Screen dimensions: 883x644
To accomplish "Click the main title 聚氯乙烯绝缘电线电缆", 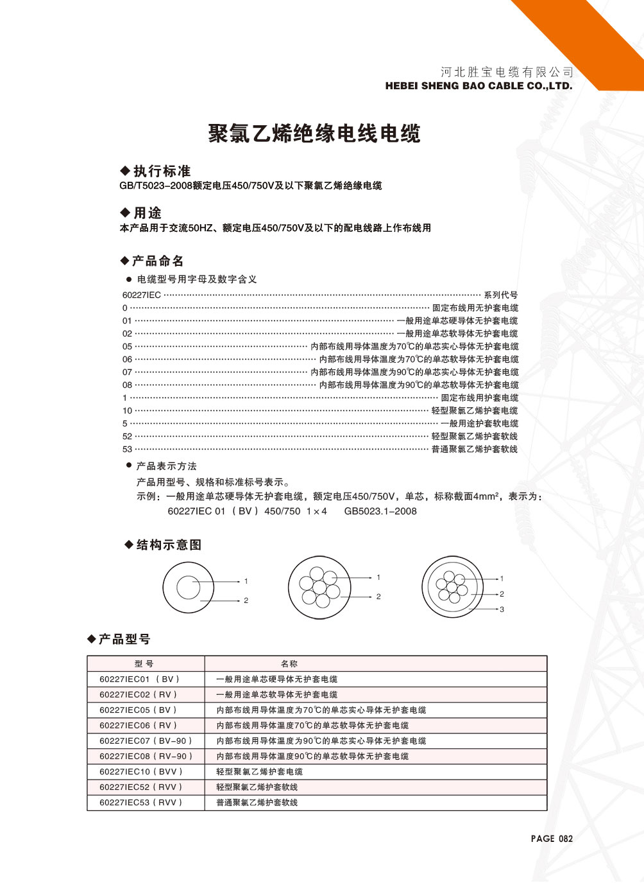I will (314, 134).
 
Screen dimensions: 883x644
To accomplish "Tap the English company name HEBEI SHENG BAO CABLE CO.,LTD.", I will (479, 85).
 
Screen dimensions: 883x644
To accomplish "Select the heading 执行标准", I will (162, 171).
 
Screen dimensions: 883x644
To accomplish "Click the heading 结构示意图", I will (169, 545).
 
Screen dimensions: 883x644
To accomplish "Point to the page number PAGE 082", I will (552, 838).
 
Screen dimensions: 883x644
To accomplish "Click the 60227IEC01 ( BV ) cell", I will (140, 679).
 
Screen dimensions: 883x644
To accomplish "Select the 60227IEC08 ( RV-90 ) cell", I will (146, 756).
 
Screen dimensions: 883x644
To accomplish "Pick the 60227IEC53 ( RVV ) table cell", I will (141, 802).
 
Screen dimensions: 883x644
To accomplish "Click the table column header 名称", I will (289, 663).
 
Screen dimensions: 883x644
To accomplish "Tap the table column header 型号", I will (144, 663).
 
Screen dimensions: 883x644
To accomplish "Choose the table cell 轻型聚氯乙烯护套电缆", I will (259, 771).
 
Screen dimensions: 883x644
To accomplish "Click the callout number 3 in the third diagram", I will (502, 609).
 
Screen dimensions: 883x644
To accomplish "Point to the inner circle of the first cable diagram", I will (189, 588).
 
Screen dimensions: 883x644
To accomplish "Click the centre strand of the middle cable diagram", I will (319, 587).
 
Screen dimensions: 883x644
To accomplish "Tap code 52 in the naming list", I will (127, 436).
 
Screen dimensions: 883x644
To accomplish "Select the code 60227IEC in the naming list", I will (141, 295).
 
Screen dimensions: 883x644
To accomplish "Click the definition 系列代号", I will (501, 295).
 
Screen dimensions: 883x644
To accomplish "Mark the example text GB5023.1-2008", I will (380, 511).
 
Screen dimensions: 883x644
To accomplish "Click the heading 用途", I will (147, 213).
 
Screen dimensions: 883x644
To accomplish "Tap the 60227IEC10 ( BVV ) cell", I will (141, 771).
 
